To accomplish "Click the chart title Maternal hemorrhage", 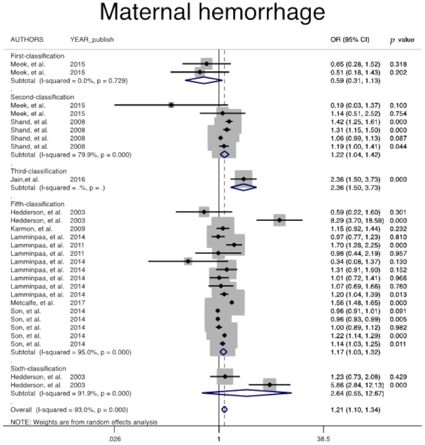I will pyautogui.click(x=212, y=12).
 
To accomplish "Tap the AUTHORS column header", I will pyautogui.click(x=27, y=40).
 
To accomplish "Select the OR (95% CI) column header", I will pyautogui.click(x=350, y=40).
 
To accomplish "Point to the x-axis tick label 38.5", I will pyautogui.click(x=323, y=439).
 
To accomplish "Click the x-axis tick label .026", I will pyautogui.click(x=114, y=439).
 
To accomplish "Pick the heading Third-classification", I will pyautogui.click(x=39, y=171).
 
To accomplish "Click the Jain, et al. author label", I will pyautogui.click(x=25, y=179).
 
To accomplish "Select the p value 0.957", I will pyautogui.click(x=398, y=254).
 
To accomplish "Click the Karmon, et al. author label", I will pyautogui.click(x=31, y=229).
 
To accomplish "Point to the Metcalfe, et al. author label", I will pyautogui.click(x=32, y=303).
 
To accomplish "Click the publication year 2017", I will pyautogui.click(x=77, y=303).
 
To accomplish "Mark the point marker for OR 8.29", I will pyautogui.click(x=279, y=220).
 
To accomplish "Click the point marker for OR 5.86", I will pyautogui.click(x=270, y=385).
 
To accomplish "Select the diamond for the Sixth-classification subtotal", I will pyautogui.click(x=247, y=393).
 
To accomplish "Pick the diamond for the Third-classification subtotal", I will pyautogui.click(x=244, y=188).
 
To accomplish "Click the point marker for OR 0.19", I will pyautogui.click(x=171, y=105).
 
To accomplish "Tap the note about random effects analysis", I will pyautogui.click(x=84, y=422).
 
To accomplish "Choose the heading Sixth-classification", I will pyautogui.click(x=38, y=369).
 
